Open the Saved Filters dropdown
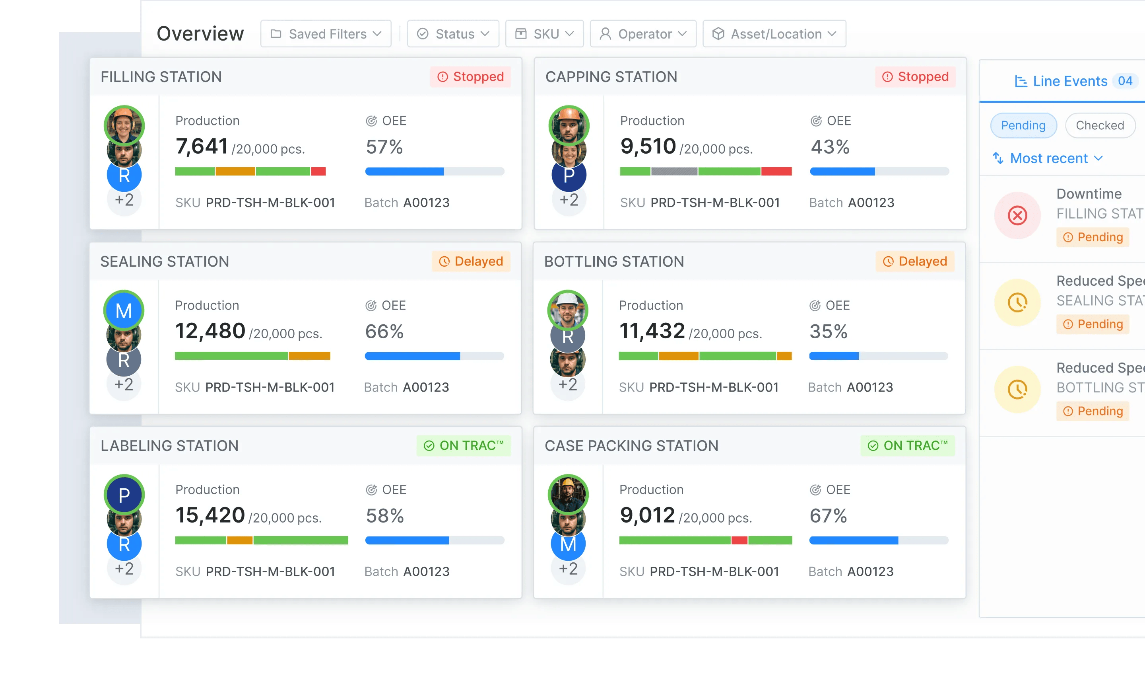[x=326, y=34]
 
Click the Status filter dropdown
[x=453, y=34]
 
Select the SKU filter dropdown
[x=544, y=34]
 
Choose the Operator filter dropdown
[x=643, y=34]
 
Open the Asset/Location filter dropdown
[x=774, y=34]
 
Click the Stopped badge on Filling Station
[x=470, y=76]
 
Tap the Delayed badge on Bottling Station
[x=915, y=261]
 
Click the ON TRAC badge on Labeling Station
[x=464, y=445]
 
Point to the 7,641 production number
[x=201, y=146]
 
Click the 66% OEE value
[x=384, y=331]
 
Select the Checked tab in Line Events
[x=1100, y=125]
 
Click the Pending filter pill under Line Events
[x=1023, y=125]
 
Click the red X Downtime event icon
[x=1017, y=215]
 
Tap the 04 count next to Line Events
[x=1125, y=81]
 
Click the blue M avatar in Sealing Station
[x=124, y=311]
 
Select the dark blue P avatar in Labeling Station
[x=124, y=494]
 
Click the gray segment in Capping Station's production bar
[x=674, y=172]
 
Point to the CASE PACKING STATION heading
[x=631, y=446]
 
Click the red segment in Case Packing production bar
[x=739, y=540]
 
